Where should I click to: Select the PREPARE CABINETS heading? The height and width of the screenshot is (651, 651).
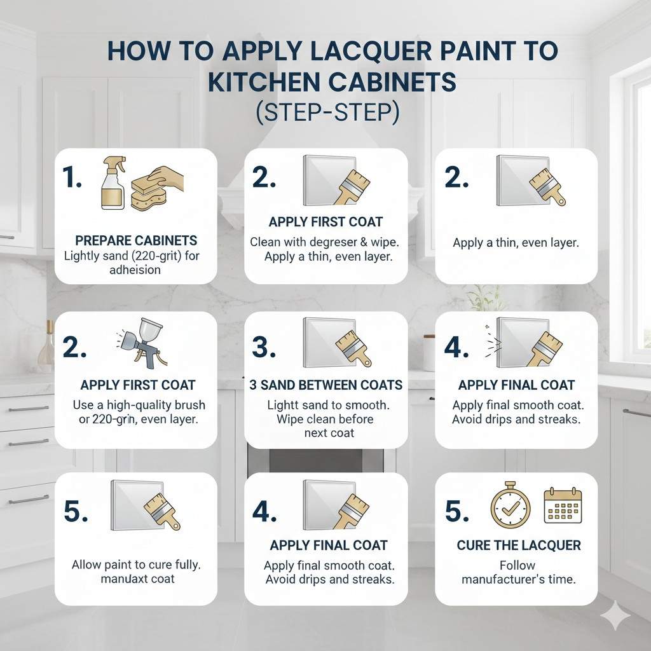(136, 241)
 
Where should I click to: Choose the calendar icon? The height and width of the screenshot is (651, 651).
(563, 506)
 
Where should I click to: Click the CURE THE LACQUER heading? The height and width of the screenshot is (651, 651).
(519, 545)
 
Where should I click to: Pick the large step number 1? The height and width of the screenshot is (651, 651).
(72, 179)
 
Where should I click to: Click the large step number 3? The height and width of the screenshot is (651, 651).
(263, 347)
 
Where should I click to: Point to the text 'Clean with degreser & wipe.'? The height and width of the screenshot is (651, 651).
(325, 242)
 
